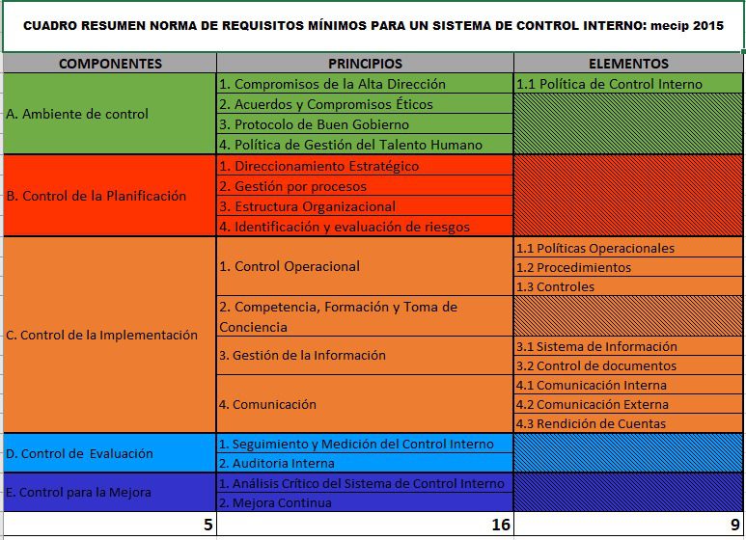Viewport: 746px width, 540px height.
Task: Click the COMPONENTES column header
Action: [110, 64]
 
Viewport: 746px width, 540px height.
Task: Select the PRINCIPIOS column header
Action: [365, 64]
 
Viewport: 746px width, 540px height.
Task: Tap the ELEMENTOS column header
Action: [628, 64]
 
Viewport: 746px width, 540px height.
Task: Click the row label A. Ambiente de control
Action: [77, 114]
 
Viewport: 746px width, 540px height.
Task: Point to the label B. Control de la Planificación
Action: [96, 196]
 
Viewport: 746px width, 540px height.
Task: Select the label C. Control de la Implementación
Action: [101, 336]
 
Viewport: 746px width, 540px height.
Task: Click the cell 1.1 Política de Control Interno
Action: [610, 84]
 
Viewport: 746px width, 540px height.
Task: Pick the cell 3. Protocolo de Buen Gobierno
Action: [314, 124]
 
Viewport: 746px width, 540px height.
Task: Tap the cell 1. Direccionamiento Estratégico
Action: [318, 166]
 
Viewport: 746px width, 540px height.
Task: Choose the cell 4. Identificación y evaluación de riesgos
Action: [344, 227]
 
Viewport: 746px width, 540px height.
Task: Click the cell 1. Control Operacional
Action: [290, 266]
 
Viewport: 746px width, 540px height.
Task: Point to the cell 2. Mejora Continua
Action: [275, 502]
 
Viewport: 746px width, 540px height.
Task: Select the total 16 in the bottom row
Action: [497, 526]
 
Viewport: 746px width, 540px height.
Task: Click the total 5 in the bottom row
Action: [207, 526]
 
